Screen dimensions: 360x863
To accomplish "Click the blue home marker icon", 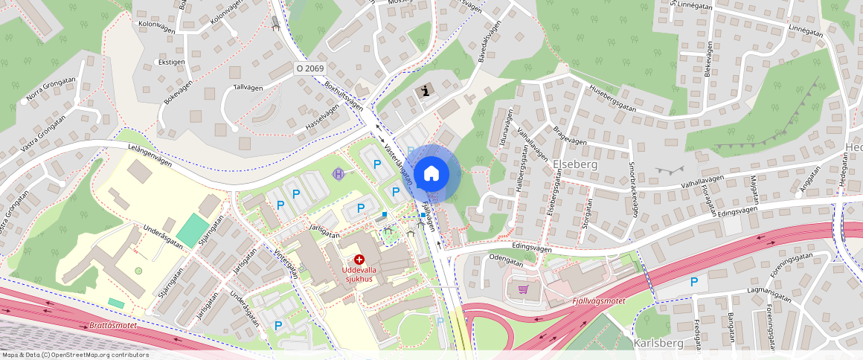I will pos(431,174).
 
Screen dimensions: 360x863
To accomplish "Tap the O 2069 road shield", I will pos(309,68).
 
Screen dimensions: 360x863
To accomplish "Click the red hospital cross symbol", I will pos(359,259).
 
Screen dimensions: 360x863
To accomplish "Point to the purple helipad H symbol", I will pos(339,174).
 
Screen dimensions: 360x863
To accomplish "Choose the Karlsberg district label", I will pos(658,343).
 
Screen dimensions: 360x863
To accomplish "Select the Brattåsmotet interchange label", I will pos(112,326).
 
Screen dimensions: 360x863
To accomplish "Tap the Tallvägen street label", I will pos(248,88).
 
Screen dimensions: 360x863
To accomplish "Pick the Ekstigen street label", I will pos(170,62).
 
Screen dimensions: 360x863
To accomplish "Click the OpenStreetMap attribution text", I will pos(74,355).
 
